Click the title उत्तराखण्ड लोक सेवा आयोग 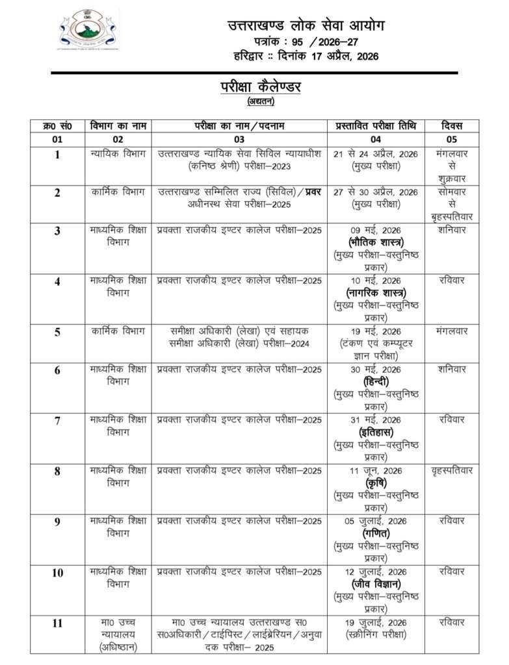[306, 26]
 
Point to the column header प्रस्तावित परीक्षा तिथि [376, 125]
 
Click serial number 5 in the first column [57, 332]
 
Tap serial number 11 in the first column [57, 623]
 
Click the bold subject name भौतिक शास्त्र [376, 242]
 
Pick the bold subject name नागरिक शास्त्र [376, 292]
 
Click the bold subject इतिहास [376, 432]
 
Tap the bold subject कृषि [376, 483]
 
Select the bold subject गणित [376, 533]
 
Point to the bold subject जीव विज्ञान [376, 583]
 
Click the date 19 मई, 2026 [376, 331]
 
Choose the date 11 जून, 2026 [376, 470]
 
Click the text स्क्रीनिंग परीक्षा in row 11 [376, 634]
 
